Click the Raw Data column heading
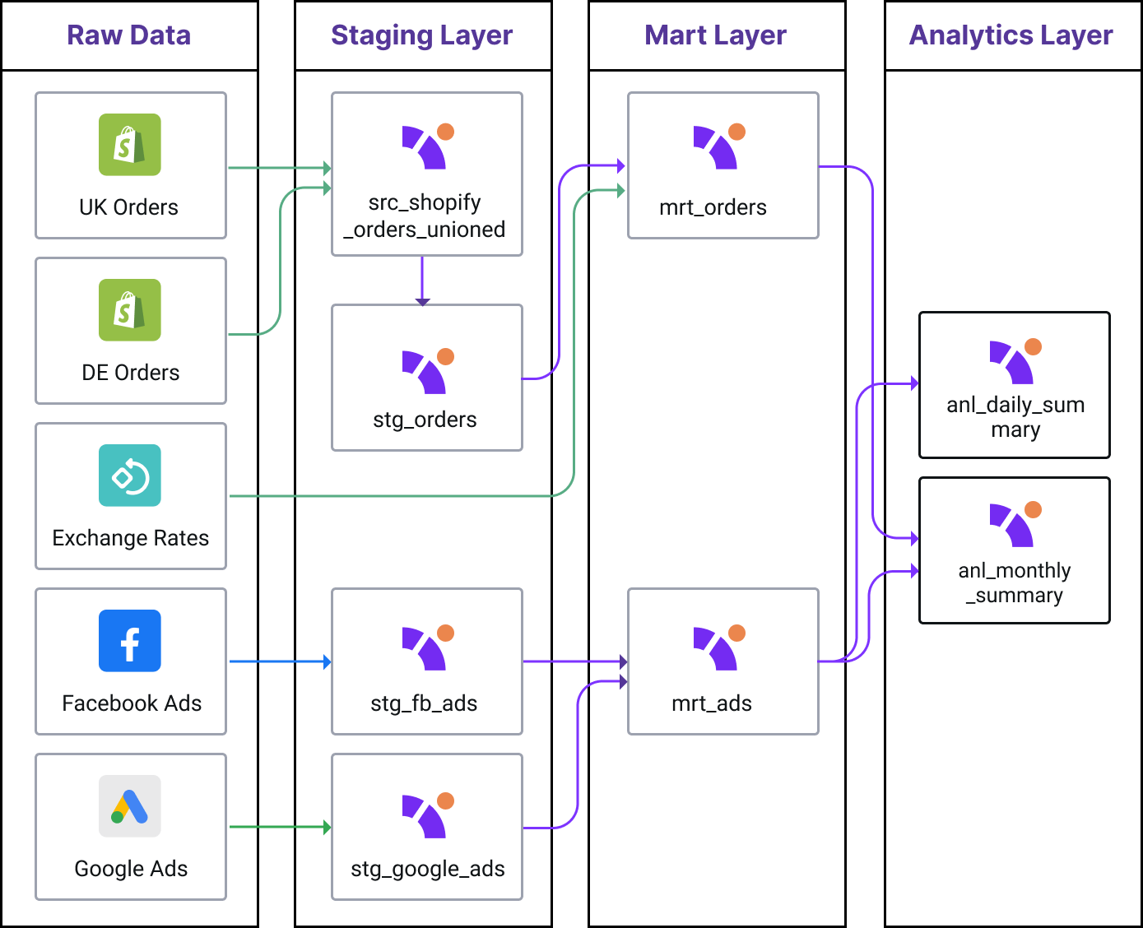coord(128,35)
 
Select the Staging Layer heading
coord(421,35)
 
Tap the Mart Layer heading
coord(715,35)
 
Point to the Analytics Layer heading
coord(1011,35)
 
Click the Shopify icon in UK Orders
coord(130,145)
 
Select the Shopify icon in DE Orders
coord(130,310)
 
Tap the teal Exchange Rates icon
coord(130,476)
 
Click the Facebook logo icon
coord(130,641)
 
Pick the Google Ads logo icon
coord(130,806)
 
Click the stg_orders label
coord(425,420)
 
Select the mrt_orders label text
coord(713,207)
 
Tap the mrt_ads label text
coord(712,703)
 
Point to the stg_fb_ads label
coord(424,703)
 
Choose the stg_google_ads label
coord(427,869)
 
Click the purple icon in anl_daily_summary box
coord(1015,361)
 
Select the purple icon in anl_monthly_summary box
coord(1015,524)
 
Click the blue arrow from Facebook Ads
coord(279,661)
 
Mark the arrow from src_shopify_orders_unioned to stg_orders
coord(422,281)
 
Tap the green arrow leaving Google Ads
coord(279,827)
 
